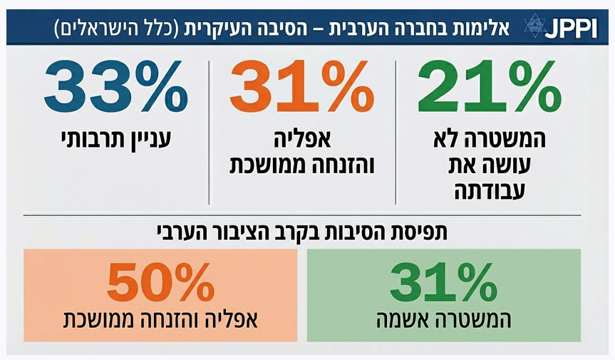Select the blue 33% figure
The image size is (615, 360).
pos(116,88)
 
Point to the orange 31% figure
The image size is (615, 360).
pos(302,88)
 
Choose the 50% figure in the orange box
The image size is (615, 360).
pos(160,283)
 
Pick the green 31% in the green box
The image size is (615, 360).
pos(443,283)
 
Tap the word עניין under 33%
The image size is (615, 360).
pos(149,137)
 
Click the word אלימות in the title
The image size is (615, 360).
pos(482,29)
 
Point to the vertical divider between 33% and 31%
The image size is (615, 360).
pos(209,132)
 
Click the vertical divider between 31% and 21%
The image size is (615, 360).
pos(396,132)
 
